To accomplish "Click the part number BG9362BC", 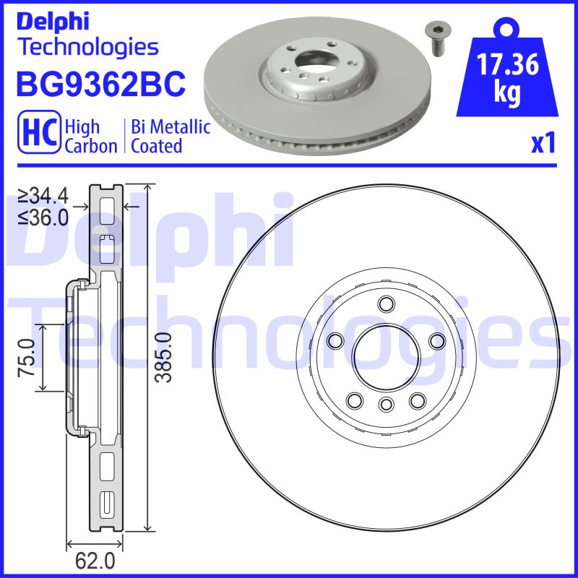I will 100,85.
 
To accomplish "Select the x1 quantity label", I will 544,144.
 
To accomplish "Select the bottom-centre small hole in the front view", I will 385,404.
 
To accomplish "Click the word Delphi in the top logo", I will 53,21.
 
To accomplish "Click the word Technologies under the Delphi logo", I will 87,48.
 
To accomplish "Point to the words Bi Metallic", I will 171,128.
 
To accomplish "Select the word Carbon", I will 91,146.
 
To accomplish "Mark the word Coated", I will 156,146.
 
